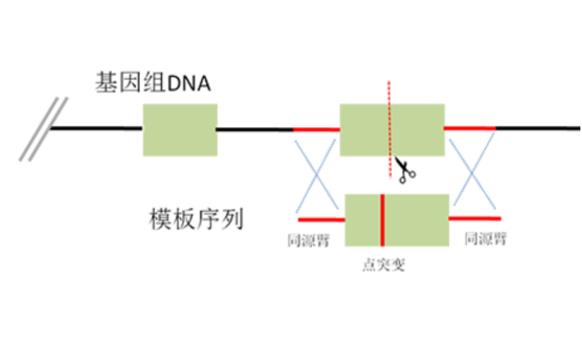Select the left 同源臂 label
308,240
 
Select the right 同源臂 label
485,239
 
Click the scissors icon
404,170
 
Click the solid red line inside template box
382,220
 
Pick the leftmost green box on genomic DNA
179,129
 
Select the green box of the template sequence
420,220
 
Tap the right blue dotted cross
472,173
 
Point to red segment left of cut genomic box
316,129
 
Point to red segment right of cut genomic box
470,128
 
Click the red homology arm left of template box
322,219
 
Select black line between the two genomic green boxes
254,129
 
